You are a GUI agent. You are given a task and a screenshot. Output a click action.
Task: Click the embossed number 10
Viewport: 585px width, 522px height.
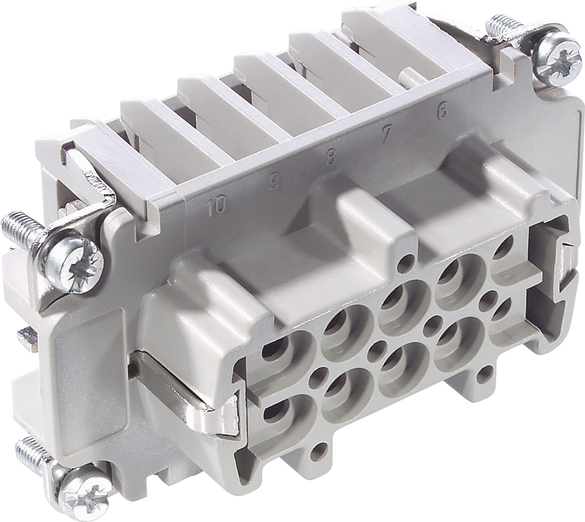click(217, 205)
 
